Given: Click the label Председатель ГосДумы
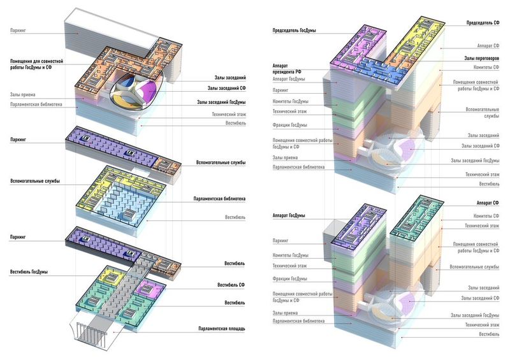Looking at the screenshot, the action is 294,31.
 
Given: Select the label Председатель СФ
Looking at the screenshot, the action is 483,23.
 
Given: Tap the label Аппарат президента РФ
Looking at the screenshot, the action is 286,69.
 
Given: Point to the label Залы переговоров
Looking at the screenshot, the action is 481,59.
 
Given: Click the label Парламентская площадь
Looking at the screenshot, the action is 222,329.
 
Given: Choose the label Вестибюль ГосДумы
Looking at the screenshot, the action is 29,272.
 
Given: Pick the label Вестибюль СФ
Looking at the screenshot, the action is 231,285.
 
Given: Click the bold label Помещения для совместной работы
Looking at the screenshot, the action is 36,64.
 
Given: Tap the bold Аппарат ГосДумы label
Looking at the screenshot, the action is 289,215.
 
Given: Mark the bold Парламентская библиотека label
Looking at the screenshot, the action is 219,199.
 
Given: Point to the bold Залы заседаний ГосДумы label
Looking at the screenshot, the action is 221,103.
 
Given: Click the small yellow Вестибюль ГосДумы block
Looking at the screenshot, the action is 112,276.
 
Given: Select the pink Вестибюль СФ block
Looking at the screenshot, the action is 150,289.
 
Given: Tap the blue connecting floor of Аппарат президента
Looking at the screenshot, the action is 381,70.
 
